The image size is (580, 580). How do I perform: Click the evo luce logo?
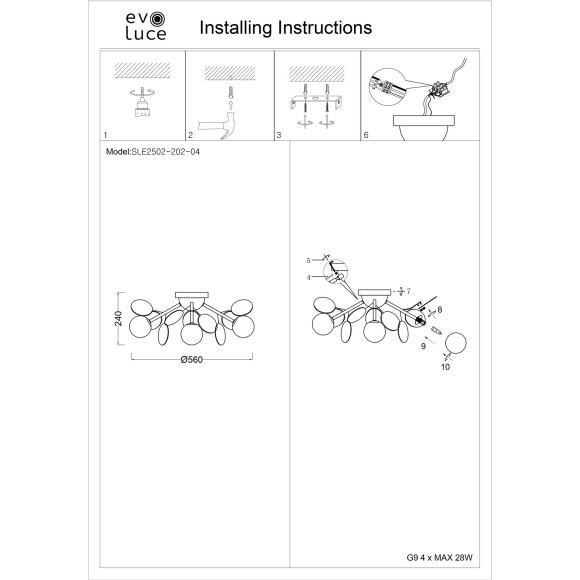tap(146, 26)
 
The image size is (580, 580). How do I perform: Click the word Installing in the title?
tap(236, 28)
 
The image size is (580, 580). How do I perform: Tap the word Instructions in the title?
tap(325, 27)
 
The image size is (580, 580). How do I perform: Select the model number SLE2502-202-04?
tap(166, 152)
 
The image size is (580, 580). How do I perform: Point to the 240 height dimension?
tap(118, 318)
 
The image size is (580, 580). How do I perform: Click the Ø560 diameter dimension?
tap(192, 360)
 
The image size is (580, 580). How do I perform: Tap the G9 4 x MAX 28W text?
tap(439, 557)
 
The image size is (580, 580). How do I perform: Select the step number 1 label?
tap(105, 135)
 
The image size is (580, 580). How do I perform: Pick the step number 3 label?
tap(279, 135)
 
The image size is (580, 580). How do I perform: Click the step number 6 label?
tap(366, 135)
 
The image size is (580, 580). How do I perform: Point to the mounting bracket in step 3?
tap(316, 102)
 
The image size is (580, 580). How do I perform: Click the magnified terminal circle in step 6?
tap(387, 87)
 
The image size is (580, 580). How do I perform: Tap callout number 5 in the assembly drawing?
tap(308, 261)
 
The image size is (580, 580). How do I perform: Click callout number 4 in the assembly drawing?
tap(308, 277)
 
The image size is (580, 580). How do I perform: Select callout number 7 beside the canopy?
tap(408, 291)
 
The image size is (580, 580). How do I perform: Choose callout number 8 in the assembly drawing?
tap(439, 310)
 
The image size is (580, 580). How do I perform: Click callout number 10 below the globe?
tap(445, 367)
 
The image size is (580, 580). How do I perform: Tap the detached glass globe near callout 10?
tap(456, 343)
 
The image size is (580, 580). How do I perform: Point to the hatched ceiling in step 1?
tap(142, 70)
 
